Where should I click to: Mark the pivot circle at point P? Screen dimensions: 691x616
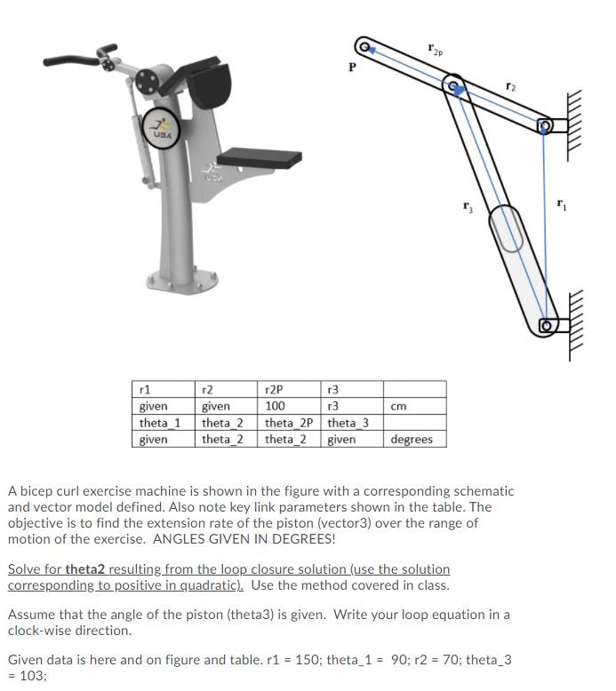click(364, 44)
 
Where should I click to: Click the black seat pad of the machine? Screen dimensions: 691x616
click(260, 160)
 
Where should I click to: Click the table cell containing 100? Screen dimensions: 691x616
click(292, 406)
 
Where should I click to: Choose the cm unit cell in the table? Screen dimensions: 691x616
click(413, 406)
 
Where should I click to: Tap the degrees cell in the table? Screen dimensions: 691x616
click(413, 439)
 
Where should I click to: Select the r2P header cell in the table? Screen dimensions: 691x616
click(292, 390)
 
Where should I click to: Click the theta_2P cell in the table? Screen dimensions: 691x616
click(292, 423)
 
